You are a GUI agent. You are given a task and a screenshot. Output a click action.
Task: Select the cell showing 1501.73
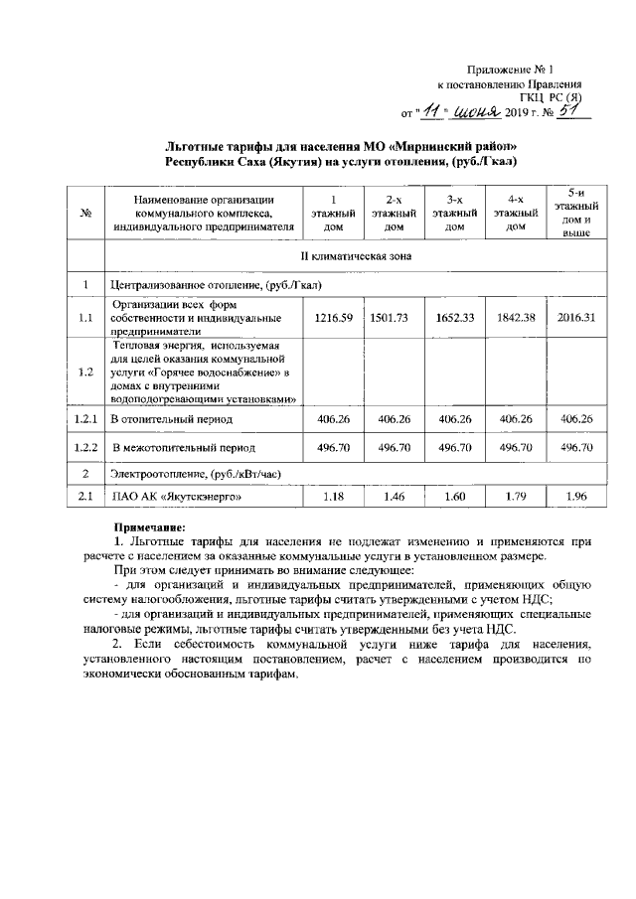click(x=389, y=318)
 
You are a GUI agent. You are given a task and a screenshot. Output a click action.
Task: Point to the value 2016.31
click(x=575, y=318)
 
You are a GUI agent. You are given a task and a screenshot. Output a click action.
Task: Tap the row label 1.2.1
click(x=84, y=420)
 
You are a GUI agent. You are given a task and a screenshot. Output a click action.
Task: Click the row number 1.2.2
click(x=84, y=448)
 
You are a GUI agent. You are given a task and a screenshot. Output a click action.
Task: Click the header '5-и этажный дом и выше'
click(x=575, y=212)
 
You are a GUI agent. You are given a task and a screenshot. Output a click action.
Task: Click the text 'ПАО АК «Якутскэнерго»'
click(x=176, y=495)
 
